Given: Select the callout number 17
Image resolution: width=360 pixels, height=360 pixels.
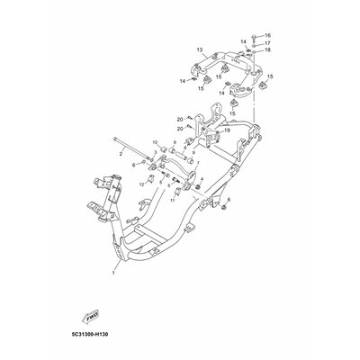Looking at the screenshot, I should [267, 42].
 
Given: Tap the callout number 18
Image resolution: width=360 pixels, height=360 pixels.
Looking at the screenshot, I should [267, 50].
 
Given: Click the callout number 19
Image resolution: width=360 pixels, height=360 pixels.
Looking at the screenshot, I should [227, 130].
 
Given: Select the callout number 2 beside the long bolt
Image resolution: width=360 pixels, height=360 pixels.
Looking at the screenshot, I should [121, 154].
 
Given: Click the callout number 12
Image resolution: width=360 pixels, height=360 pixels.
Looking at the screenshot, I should [141, 184].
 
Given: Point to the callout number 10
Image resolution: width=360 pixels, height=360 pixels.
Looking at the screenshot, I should [155, 142].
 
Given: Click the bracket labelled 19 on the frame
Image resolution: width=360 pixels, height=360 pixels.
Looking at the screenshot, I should [212, 133].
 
